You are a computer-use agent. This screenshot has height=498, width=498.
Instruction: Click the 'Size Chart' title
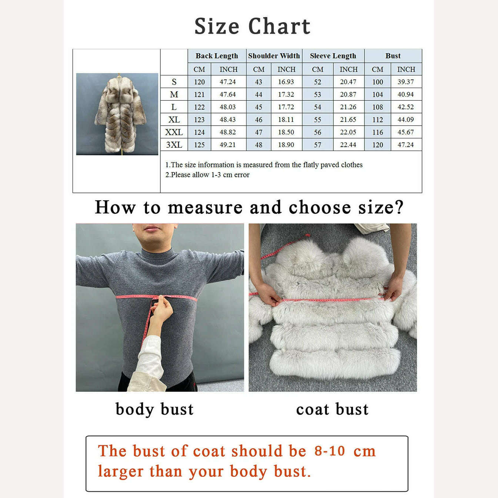[252, 26]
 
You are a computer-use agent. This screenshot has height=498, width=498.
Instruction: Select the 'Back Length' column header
[217, 56]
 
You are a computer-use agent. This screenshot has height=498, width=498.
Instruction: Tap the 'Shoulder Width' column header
[274, 56]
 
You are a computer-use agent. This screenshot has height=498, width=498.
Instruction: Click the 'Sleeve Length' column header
[333, 56]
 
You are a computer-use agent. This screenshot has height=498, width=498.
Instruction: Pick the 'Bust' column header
[393, 56]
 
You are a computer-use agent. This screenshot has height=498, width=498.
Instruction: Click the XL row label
[174, 120]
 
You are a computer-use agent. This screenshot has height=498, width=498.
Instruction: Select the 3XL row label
[174, 145]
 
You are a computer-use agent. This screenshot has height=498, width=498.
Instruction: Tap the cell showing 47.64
[228, 94]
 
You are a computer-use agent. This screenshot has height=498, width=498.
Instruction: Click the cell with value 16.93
[286, 82]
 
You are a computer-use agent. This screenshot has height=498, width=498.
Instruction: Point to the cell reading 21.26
[348, 107]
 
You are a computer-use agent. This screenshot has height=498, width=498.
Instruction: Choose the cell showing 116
[378, 132]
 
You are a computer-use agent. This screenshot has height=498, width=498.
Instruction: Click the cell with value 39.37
[406, 82]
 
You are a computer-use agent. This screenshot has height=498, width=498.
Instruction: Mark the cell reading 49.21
[228, 145]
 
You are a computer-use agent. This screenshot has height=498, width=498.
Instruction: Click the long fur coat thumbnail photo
[117, 114]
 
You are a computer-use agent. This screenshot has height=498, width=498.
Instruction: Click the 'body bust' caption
[154, 409]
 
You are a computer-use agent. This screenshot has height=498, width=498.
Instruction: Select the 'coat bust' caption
[332, 409]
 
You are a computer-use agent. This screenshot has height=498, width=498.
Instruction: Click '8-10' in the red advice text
[330, 451]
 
